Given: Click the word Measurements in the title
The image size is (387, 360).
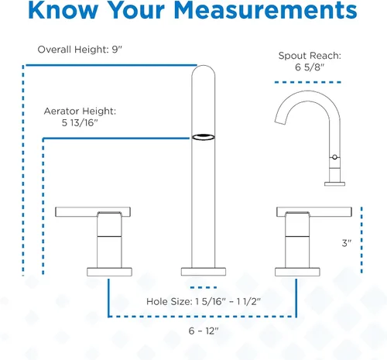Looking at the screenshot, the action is pyautogui.click(x=265, y=10).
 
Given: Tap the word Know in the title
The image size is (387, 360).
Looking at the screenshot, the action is pyautogui.click(x=63, y=10).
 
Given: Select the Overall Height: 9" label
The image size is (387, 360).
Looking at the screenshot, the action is pyautogui.click(x=80, y=50).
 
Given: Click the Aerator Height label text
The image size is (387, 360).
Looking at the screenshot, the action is pyautogui.click(x=80, y=111).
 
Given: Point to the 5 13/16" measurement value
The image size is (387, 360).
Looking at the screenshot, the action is pyautogui.click(x=80, y=123).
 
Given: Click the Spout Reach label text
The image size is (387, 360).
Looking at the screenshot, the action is pyautogui.click(x=310, y=56).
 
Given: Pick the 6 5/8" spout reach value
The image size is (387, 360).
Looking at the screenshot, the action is pyautogui.click(x=310, y=67).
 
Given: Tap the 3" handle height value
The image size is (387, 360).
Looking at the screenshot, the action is pyautogui.click(x=347, y=243).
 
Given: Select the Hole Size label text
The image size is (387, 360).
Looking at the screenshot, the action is pyautogui.click(x=169, y=301).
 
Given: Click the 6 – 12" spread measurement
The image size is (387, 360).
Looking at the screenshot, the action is pyautogui.click(x=204, y=331).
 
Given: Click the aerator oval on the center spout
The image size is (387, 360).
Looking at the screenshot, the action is pyautogui.click(x=204, y=137).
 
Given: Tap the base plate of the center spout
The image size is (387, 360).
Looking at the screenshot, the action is pyautogui.click(x=204, y=272).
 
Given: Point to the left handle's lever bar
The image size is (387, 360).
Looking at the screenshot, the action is pyautogui.click(x=93, y=212).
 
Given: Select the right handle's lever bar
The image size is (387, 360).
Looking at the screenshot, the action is pyautogui.click(x=314, y=212).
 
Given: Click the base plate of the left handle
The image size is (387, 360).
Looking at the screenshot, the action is pyautogui.click(x=109, y=272).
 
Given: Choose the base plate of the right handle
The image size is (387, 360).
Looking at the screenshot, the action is pyautogui.click(x=297, y=272).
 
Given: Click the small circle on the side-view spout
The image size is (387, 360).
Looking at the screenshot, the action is pyautogui.click(x=334, y=157).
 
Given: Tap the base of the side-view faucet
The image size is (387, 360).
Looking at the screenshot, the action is pyautogui.click(x=334, y=183).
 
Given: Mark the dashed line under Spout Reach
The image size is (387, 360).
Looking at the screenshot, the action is pyautogui.click(x=308, y=82).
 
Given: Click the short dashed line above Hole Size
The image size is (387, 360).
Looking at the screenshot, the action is pyautogui.click(x=204, y=287).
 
